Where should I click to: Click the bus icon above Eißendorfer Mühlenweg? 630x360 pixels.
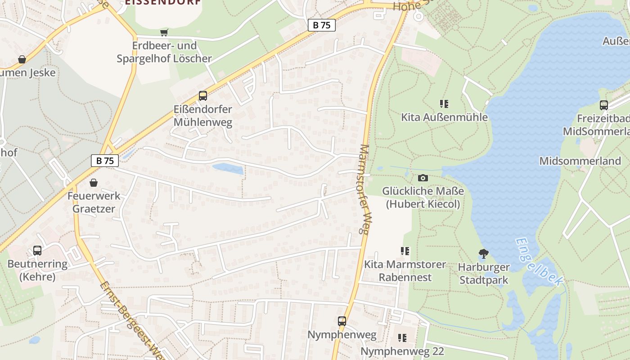tap(203, 96)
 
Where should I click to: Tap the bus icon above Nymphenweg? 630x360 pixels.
tap(342, 321)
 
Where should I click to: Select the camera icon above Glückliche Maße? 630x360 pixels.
tap(423, 178)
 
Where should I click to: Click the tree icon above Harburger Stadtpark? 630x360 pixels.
tap(484, 254)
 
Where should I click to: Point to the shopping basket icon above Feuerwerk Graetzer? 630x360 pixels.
tap(94, 183)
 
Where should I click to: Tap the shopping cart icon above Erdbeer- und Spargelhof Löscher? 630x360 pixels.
tap(164, 32)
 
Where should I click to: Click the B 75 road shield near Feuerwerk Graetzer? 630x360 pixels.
tap(105, 161)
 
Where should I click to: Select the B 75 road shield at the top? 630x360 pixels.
tap(322, 25)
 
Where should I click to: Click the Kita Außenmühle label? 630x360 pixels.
tap(444, 117)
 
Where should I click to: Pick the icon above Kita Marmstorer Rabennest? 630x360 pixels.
tap(405, 251)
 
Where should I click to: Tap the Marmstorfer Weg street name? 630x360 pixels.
tap(364, 189)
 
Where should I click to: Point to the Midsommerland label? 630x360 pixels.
tap(580, 161)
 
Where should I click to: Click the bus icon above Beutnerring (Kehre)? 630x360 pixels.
tap(37, 251)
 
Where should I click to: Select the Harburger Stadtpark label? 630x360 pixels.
tap(484, 274)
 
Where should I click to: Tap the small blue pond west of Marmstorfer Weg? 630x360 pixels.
tap(228, 169)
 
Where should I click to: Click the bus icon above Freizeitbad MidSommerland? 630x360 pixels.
tap(604, 105)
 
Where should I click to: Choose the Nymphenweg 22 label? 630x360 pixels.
tap(402, 351)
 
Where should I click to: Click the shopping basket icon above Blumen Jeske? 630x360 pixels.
tap(22, 59)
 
